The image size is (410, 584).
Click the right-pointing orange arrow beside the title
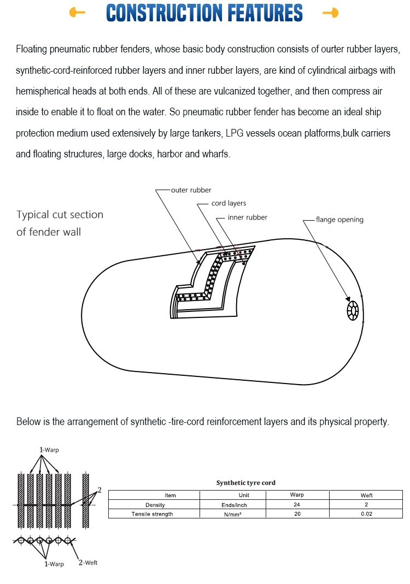pyautogui.click(x=330, y=13)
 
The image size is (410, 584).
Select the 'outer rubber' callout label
pyautogui.click(x=191, y=190)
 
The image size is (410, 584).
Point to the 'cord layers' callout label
pyautogui.click(x=229, y=203)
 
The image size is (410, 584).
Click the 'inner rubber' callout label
pyautogui.click(x=248, y=217)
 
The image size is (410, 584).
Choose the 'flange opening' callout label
pyautogui.click(x=339, y=220)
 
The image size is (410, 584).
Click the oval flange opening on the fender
pyautogui.click(x=353, y=311)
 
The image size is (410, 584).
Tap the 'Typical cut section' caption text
pyautogui.click(x=60, y=215)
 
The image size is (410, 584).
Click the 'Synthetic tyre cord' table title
pyautogui.click(x=246, y=483)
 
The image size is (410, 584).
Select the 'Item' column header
pyautogui.click(x=170, y=495)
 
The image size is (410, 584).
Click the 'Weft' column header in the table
pyautogui.click(x=366, y=495)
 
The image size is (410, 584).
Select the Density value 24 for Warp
pyautogui.click(x=297, y=505)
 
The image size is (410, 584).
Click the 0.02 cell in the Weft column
pyautogui.click(x=366, y=514)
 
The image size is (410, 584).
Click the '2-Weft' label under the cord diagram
pyautogui.click(x=87, y=563)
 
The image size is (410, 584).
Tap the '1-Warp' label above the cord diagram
pyautogui.click(x=49, y=450)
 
